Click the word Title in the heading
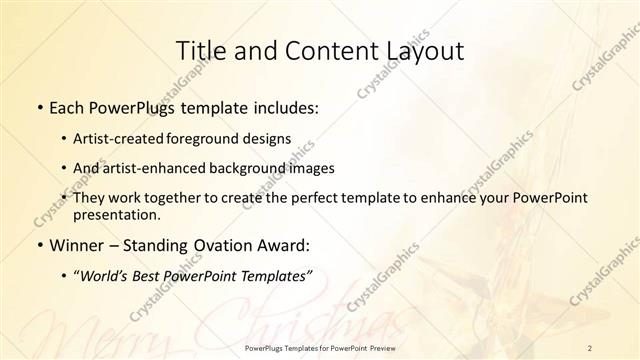pos(200,51)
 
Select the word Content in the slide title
pos(326,51)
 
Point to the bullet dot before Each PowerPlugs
pos(38,108)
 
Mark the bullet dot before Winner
pos(38,244)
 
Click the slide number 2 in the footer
pos(591,348)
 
